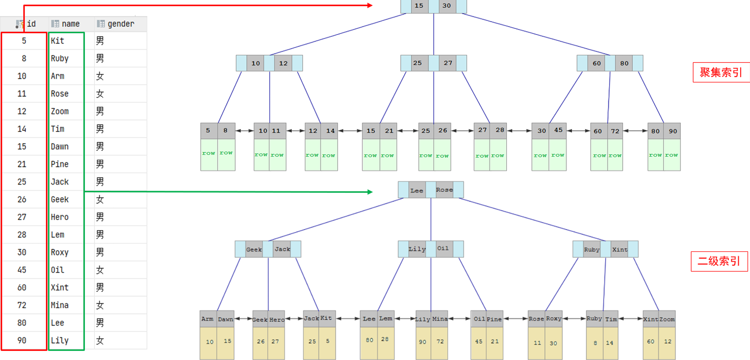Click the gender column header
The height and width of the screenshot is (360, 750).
[x=120, y=24]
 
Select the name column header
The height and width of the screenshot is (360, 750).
[x=70, y=24]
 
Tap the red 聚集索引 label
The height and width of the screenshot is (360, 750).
[x=721, y=72]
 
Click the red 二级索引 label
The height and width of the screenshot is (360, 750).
[x=719, y=261]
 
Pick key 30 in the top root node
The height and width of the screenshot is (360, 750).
[x=447, y=6]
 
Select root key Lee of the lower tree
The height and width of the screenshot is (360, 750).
[x=417, y=191]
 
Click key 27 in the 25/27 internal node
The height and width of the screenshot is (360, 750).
[x=448, y=63]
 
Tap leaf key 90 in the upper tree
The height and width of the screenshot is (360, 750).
[x=673, y=131]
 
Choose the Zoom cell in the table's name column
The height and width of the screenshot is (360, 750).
[x=60, y=111]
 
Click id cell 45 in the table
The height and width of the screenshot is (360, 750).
[x=22, y=270]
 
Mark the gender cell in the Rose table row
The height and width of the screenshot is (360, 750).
[x=100, y=94]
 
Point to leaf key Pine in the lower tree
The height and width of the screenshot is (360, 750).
[x=494, y=319]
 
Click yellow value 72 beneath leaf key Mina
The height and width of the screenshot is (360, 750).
[x=440, y=342]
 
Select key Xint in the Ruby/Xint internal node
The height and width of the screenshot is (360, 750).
[x=620, y=249]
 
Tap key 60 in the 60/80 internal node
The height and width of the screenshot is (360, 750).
[x=597, y=63]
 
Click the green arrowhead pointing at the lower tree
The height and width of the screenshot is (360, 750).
[x=369, y=192]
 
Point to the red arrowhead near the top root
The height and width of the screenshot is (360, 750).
[x=369, y=6]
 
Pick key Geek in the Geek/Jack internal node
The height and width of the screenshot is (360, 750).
[x=254, y=249]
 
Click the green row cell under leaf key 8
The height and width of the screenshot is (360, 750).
[x=226, y=154]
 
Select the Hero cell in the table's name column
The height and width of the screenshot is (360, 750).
[x=60, y=217]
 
